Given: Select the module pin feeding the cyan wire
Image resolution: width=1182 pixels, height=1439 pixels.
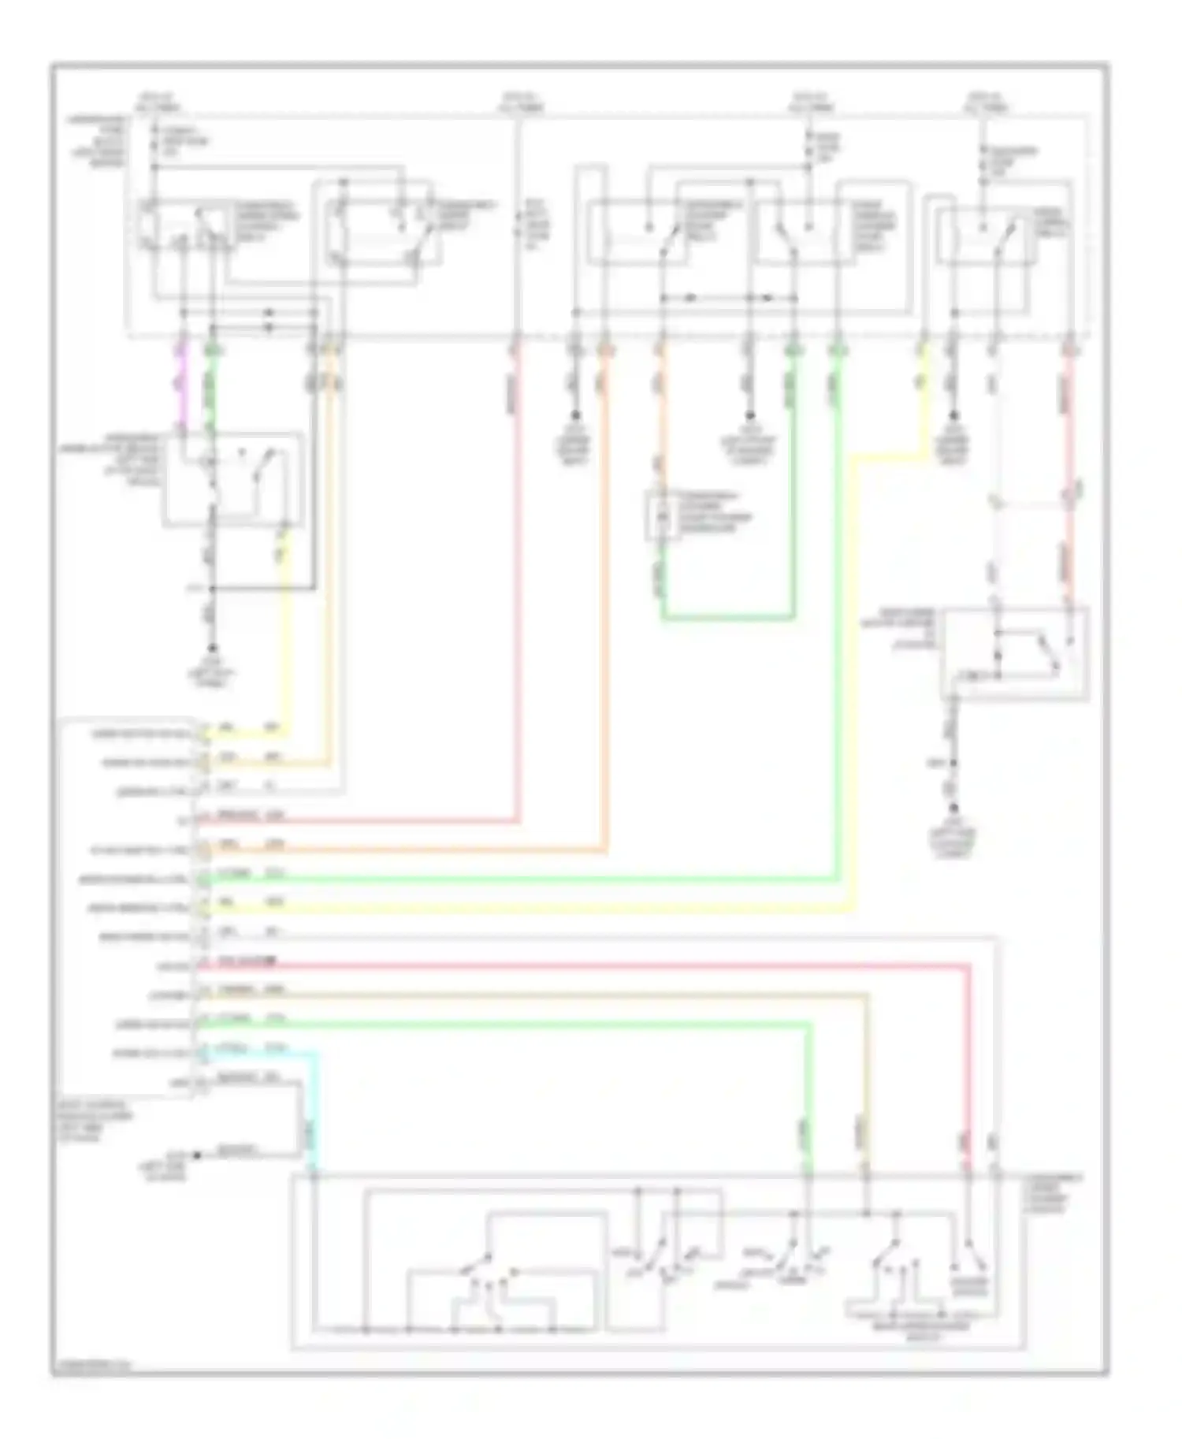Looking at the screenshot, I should (x=203, y=1053).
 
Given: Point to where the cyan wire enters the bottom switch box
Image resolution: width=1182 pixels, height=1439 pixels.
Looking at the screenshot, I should (x=314, y=1175).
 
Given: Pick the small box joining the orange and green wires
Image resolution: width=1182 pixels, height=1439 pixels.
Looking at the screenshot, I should (x=661, y=516).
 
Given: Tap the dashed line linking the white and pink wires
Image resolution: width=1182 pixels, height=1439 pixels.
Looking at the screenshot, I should (x=1032, y=502).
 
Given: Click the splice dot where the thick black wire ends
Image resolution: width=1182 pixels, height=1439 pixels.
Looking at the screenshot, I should (x=212, y=588).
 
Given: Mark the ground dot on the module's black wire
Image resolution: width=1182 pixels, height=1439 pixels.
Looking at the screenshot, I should (x=197, y=1155).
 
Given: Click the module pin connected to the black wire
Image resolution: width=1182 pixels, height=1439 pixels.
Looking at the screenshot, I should (x=203, y=1083).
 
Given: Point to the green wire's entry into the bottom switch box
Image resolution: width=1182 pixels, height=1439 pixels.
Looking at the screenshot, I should (x=808, y=1175).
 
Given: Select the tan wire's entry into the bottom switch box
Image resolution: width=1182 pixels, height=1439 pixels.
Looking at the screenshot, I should (x=866, y=1175).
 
